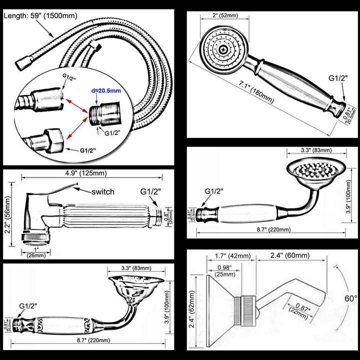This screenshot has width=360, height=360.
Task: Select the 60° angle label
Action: pos(350,298)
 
